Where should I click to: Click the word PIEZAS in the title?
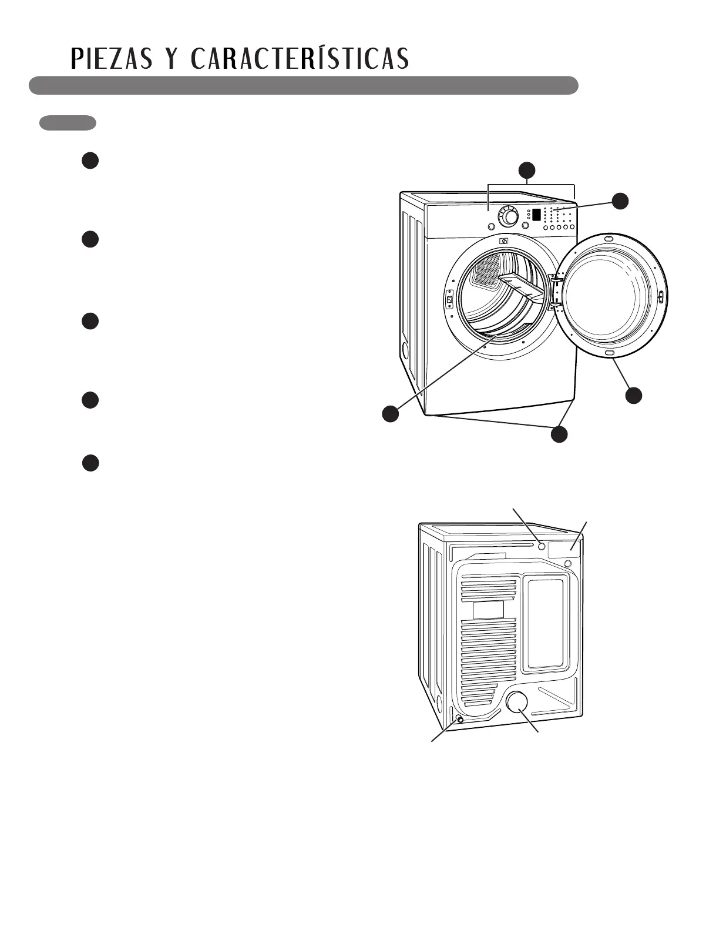click(110, 59)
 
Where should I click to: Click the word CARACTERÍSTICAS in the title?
click(300, 59)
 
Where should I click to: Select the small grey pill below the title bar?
click(68, 123)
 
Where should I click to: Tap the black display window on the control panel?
click(536, 215)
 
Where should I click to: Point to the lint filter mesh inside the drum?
click(487, 271)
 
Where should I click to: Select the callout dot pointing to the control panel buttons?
click(620, 200)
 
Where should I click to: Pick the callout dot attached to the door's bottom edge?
click(633, 395)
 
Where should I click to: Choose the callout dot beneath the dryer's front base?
click(559, 434)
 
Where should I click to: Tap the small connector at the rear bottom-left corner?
click(459, 719)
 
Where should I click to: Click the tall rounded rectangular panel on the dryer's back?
click(546, 624)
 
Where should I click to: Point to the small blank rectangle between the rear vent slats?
click(488, 609)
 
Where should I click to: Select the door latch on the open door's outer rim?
click(661, 297)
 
